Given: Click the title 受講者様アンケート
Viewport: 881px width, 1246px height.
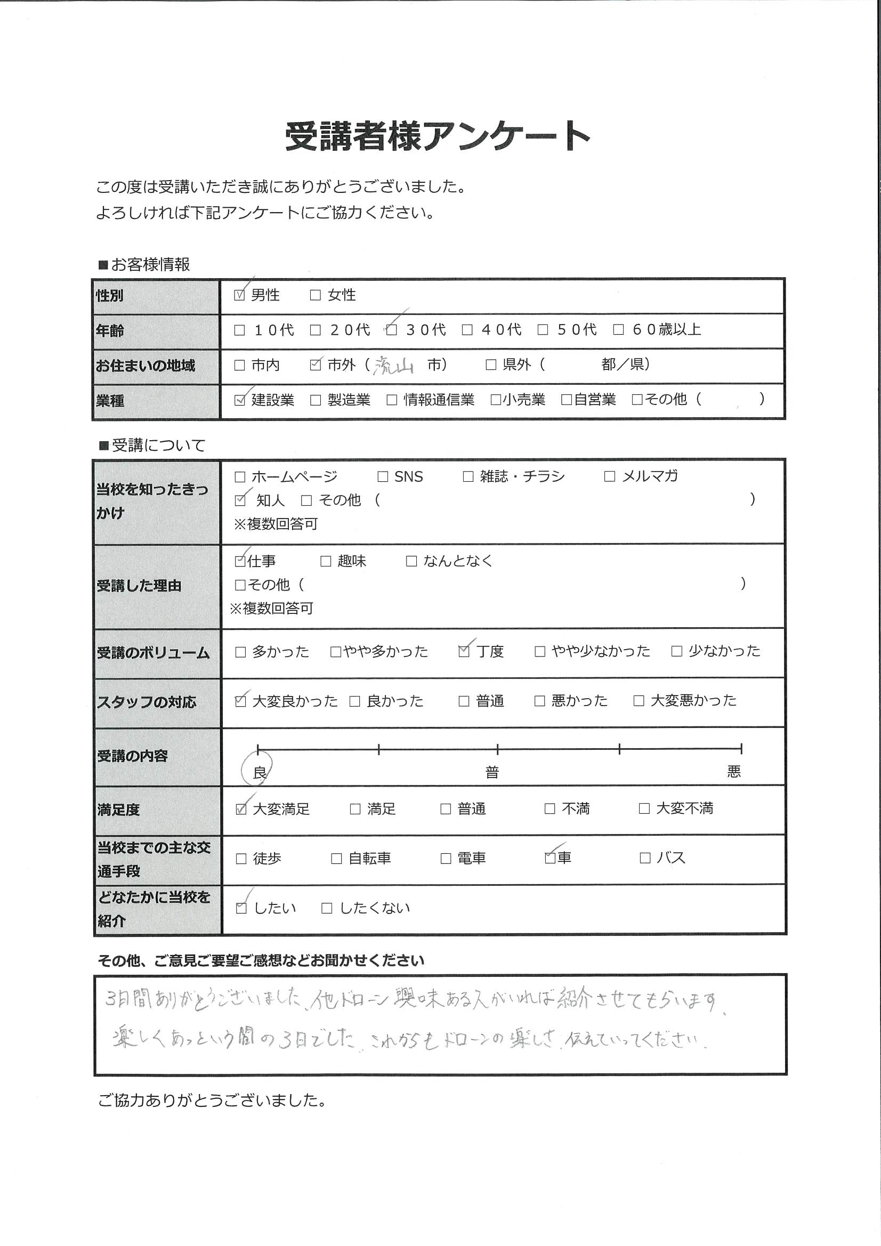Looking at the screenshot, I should click(x=438, y=136).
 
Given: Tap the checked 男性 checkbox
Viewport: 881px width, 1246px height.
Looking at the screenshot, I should click(x=239, y=295).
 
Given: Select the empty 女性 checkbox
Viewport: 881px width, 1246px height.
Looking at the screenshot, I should click(x=315, y=295).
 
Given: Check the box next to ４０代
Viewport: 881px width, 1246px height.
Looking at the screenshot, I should click(x=467, y=330).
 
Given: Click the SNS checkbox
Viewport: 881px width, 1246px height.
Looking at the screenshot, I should click(x=383, y=477).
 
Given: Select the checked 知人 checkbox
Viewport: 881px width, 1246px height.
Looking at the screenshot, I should click(x=239, y=500).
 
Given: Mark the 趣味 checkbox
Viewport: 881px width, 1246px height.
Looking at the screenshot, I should click(x=325, y=561).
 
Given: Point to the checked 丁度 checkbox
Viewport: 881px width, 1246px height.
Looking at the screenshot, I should click(x=464, y=651).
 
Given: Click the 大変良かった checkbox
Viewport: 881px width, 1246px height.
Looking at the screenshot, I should click(x=240, y=701).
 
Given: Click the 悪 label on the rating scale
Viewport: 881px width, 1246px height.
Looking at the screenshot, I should click(x=734, y=772).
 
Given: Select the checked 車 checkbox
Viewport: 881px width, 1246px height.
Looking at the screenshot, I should click(x=550, y=858).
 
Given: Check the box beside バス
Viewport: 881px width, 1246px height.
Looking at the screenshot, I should click(x=645, y=858).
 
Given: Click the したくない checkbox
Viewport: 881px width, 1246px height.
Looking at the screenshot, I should click(x=327, y=909).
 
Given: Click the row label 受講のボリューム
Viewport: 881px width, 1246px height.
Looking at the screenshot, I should click(x=153, y=653).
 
